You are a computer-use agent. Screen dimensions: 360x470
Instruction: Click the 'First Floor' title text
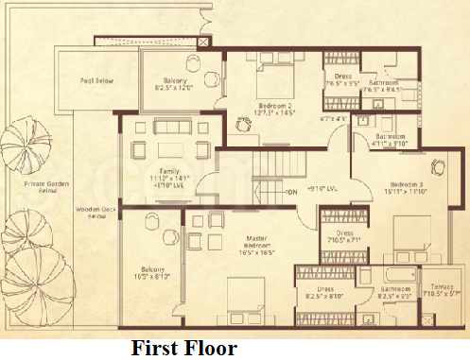pyautogui.click(x=183, y=347)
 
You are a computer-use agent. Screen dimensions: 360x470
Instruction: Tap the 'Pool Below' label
pyautogui.click(x=96, y=81)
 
